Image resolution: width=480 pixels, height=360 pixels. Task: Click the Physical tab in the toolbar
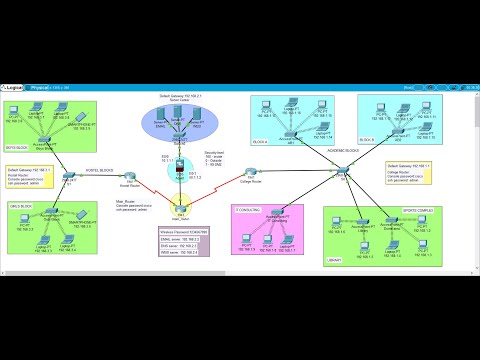click(43, 87)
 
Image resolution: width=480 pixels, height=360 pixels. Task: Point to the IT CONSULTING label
click(248, 208)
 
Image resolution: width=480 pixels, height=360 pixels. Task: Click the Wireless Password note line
click(180, 232)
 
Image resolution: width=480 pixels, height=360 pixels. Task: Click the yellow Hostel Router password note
click(29, 178)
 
